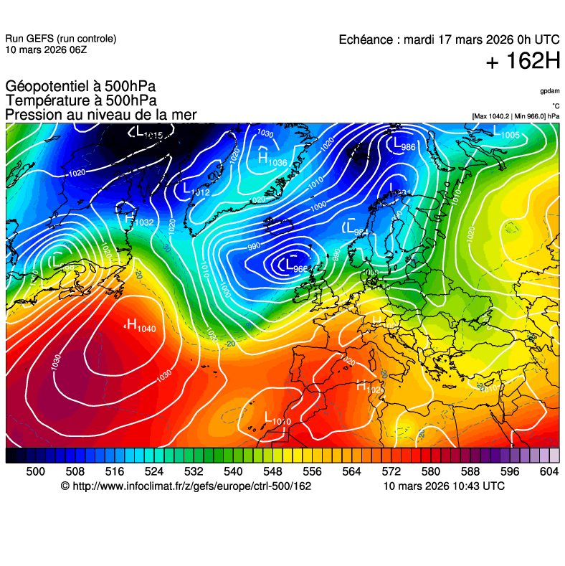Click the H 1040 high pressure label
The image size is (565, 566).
pos(140,326)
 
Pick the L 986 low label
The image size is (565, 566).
pos(404,146)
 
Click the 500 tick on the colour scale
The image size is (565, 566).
pos(35,471)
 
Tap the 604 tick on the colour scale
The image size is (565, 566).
pos(549,471)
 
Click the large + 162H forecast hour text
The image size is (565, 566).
pos(522,62)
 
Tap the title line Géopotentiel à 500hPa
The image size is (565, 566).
pos(80,88)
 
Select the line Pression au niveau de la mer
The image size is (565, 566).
pos(100,115)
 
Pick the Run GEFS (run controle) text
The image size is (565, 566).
pos(60,39)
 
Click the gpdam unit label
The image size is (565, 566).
pos(550,91)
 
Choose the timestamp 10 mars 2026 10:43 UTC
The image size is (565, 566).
pos(444,486)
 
